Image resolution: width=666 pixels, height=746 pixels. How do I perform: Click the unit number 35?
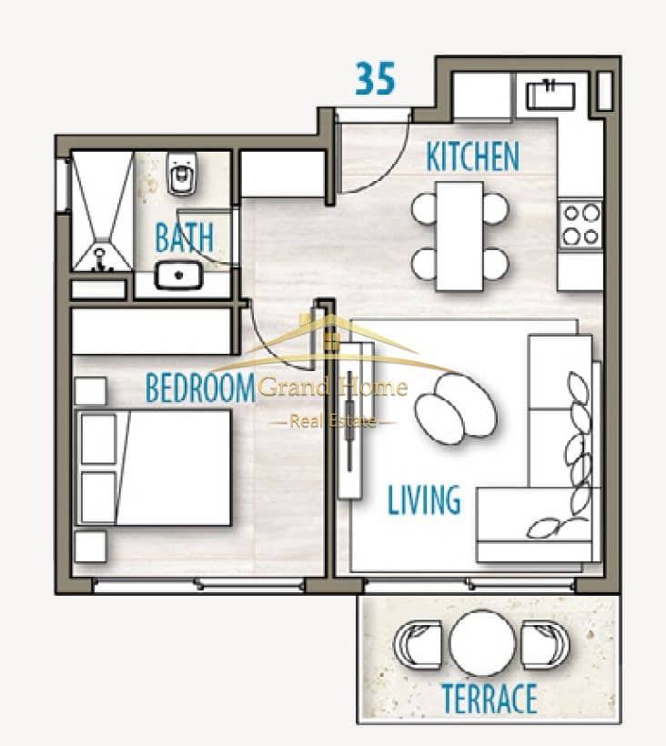376,78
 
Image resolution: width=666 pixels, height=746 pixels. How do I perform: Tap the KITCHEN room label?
472,156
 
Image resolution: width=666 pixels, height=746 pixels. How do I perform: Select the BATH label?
185,237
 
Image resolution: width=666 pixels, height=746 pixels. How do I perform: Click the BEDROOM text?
200,388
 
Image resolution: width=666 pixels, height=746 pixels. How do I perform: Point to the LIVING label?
424,500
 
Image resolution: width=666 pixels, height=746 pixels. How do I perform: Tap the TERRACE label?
489,699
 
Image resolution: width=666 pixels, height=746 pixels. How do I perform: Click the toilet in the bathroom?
182,174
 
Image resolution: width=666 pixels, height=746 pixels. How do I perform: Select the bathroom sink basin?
178,276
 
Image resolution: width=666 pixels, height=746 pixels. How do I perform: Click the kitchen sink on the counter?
550,95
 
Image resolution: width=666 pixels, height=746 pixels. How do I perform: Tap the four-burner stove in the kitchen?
580,224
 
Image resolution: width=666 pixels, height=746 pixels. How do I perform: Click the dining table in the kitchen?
459,236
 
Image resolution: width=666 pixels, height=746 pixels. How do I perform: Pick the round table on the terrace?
482,643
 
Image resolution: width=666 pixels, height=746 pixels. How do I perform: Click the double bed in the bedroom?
154,468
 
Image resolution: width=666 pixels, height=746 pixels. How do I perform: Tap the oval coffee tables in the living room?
455,408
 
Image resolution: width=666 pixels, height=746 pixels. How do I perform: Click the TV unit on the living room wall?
350,420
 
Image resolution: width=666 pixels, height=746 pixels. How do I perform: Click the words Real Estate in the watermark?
332,421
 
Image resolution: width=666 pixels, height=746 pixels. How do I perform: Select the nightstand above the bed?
90,391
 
